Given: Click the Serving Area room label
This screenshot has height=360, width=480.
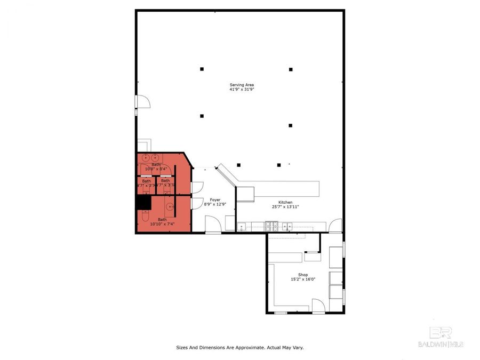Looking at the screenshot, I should (x=241, y=85).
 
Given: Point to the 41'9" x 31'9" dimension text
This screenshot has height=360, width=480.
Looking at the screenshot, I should (x=241, y=90).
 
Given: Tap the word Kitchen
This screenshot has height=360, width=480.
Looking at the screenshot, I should (x=285, y=202).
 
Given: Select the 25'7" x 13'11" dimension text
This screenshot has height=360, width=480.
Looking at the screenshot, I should (x=285, y=207).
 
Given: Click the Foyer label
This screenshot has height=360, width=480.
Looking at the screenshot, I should (x=215, y=199).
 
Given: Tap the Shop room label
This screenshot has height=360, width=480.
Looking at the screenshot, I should (x=303, y=275).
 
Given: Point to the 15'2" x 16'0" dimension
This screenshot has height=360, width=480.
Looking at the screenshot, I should (x=303, y=279).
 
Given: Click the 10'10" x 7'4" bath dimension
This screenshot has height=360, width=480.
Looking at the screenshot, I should (x=162, y=224).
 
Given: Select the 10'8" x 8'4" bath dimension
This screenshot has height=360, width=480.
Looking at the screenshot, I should (x=156, y=169).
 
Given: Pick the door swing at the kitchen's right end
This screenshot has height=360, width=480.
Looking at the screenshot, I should (x=335, y=226).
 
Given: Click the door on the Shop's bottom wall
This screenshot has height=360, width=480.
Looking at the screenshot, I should (x=318, y=306).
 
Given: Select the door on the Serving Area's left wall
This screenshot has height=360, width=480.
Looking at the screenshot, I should (x=141, y=103).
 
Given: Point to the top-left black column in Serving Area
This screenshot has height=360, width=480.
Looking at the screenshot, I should (x=202, y=69).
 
